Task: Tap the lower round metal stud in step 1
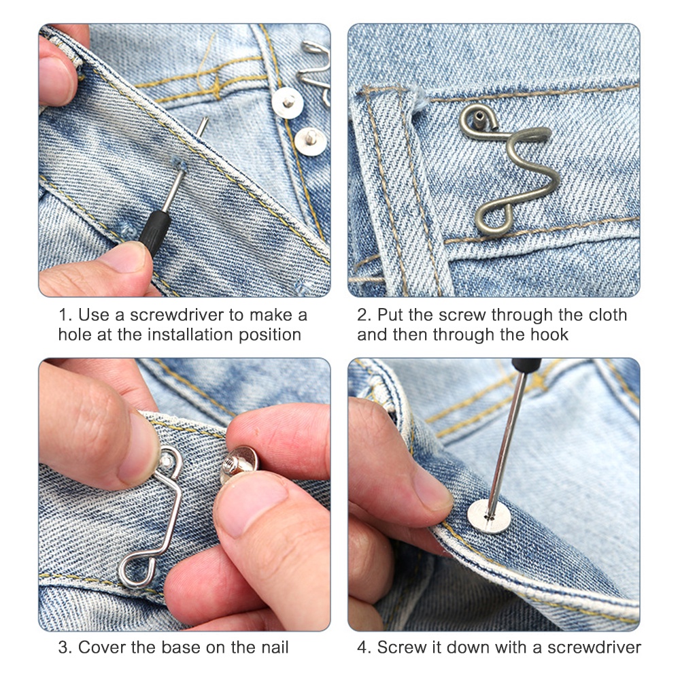click(x=311, y=141)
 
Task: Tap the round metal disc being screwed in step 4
click(x=489, y=517)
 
